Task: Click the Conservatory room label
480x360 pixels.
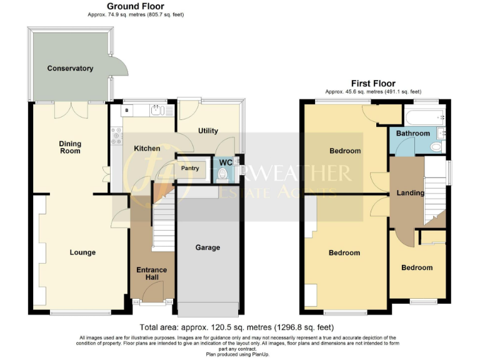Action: [70, 68]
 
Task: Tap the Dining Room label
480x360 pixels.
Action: [70, 147]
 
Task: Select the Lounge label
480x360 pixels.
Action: [82, 252]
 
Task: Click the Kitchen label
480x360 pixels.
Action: [146, 149]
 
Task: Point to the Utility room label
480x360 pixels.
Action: [207, 131]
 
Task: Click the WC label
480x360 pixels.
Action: [225, 162]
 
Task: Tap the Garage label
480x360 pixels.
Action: [207, 247]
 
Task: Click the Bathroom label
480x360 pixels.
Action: [412, 133]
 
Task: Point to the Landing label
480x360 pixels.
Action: [410, 193]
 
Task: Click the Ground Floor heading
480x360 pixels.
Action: [136, 6]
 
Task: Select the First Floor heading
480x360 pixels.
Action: [373, 84]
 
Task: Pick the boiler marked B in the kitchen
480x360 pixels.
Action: [127, 111]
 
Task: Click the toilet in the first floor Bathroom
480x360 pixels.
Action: [436, 146]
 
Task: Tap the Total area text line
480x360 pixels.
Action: [236, 327]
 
